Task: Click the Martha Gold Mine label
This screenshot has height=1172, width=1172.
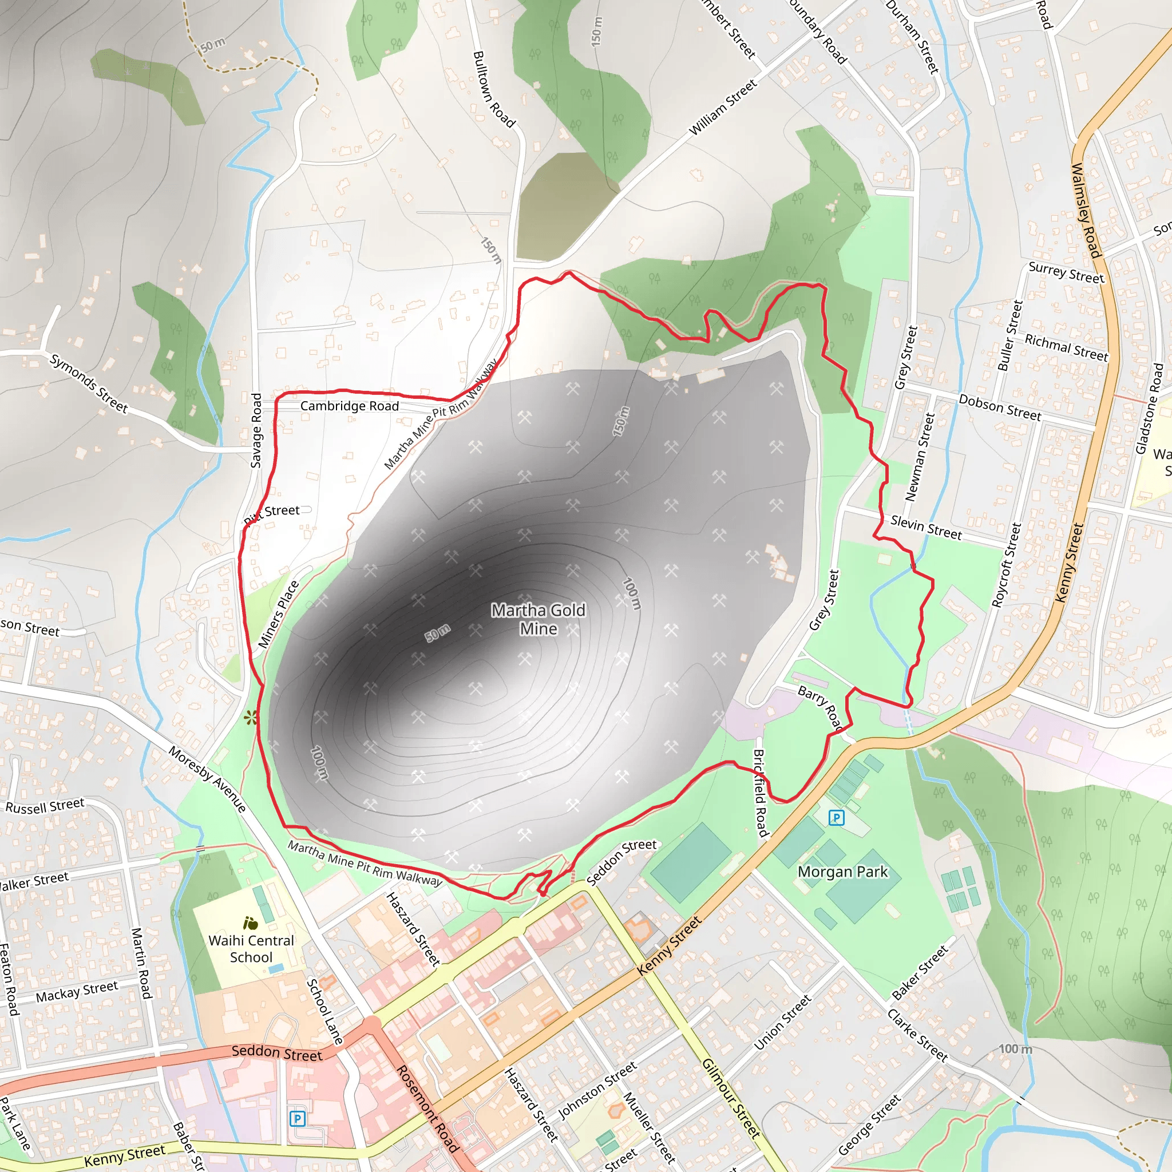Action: click(x=538, y=619)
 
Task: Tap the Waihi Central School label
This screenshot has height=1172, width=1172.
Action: click(x=251, y=949)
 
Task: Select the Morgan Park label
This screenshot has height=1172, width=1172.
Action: click(x=842, y=872)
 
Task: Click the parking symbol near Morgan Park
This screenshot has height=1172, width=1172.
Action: click(x=836, y=818)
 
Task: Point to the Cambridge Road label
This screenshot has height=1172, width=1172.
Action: click(x=350, y=406)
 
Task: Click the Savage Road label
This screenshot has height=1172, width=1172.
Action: click(x=256, y=430)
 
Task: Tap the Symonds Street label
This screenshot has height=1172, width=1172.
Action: click(x=89, y=383)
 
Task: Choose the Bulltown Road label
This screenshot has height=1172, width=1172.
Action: click(x=494, y=89)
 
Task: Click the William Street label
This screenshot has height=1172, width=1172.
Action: click(x=723, y=108)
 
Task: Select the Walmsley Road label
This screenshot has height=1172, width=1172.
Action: click(x=1085, y=210)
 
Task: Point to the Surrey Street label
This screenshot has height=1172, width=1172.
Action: click(x=1066, y=273)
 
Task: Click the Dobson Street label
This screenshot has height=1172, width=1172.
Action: click(x=1000, y=407)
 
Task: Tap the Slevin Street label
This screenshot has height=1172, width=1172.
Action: click(x=926, y=527)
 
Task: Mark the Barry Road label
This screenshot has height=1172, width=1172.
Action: click(x=819, y=707)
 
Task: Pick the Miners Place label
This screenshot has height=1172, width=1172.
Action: click(x=279, y=614)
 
